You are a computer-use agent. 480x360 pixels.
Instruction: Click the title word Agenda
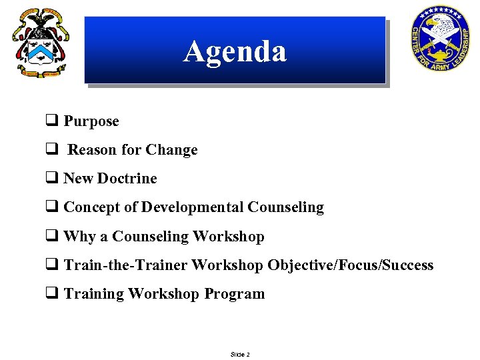click(x=235, y=51)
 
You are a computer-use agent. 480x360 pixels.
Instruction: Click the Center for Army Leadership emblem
click(x=441, y=39)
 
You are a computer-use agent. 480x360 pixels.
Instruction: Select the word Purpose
click(x=91, y=121)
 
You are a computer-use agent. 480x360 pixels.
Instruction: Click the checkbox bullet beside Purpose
click(x=51, y=121)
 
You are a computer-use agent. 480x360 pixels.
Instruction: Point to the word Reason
click(x=93, y=150)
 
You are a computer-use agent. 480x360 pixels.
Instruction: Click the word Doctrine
click(x=127, y=179)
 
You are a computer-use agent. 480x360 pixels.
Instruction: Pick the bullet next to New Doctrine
click(x=51, y=179)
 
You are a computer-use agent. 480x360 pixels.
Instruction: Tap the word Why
click(x=80, y=237)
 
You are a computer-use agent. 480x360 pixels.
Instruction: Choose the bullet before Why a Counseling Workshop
click(x=51, y=237)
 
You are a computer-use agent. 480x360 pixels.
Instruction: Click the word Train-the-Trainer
click(x=125, y=265)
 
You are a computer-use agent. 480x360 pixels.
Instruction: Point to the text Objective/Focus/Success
click(x=351, y=265)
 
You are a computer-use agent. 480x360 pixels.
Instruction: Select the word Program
click(x=235, y=294)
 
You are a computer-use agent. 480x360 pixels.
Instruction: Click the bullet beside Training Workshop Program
click(x=51, y=294)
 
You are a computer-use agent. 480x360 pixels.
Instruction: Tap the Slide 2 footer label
click(x=240, y=355)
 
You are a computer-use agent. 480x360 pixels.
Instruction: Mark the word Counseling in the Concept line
click(x=286, y=207)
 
